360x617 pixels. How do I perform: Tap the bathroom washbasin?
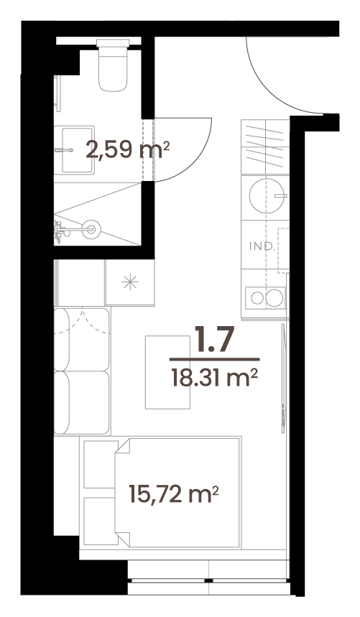tap(78, 150)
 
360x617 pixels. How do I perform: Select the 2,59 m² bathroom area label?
tap(128, 150)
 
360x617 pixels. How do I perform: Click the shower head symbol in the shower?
tap(91, 228)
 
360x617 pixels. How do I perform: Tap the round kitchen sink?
tap(265, 195)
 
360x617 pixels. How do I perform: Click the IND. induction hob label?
tap(262, 246)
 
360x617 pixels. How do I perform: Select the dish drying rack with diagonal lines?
tap(265, 146)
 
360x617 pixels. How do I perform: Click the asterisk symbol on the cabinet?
tap(130, 282)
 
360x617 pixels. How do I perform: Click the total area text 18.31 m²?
tap(214, 378)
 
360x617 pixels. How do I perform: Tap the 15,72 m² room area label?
tap(174, 494)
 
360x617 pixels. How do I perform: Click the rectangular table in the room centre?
tap(167, 372)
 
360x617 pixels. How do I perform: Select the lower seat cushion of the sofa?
tap(82, 402)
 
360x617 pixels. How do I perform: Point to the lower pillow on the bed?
tap(101, 521)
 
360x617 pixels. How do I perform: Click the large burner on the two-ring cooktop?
tap(274, 298)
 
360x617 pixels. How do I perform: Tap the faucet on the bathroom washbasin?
tap(64, 150)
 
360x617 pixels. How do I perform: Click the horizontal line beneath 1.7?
tap(214, 359)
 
